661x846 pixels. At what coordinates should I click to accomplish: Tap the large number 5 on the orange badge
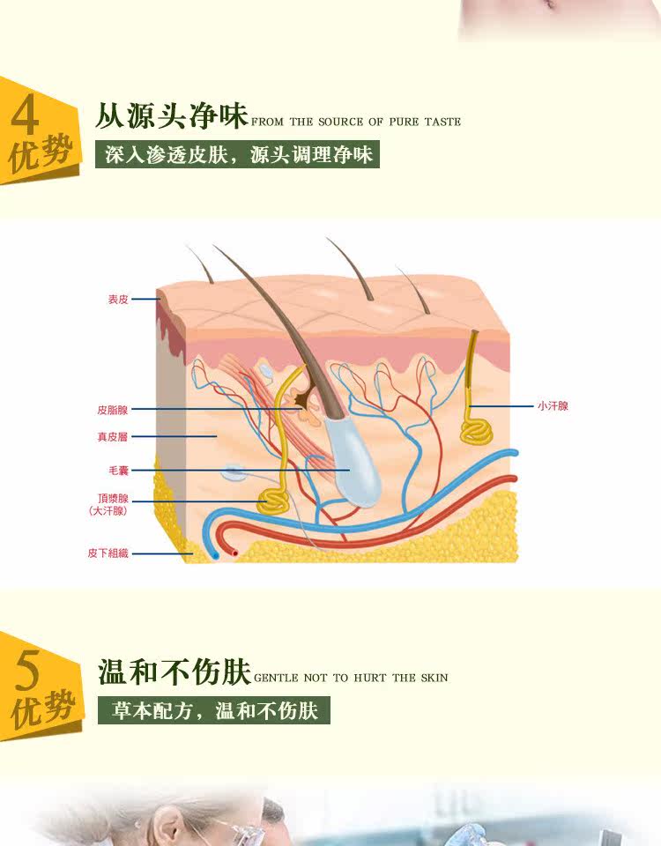coord(27,672)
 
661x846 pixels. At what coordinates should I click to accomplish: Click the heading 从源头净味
coord(172,116)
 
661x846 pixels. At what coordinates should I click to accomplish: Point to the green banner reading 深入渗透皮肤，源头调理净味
coord(238,154)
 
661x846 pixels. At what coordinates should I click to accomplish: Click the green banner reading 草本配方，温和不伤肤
coord(214,710)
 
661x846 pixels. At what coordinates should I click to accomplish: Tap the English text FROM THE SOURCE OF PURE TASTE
coord(356,122)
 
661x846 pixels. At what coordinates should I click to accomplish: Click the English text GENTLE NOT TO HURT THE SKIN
coord(351,678)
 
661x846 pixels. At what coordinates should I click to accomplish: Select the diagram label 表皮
coord(118,300)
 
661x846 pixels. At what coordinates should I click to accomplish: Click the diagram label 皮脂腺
coord(113,410)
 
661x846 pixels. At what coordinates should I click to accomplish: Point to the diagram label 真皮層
coord(113,436)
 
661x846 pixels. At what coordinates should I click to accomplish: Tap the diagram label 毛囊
coord(118,471)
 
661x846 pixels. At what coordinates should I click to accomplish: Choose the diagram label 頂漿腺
coord(114,498)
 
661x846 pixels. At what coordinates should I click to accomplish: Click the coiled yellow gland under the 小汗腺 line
coord(477,430)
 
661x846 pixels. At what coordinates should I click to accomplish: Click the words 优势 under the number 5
coord(39,710)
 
